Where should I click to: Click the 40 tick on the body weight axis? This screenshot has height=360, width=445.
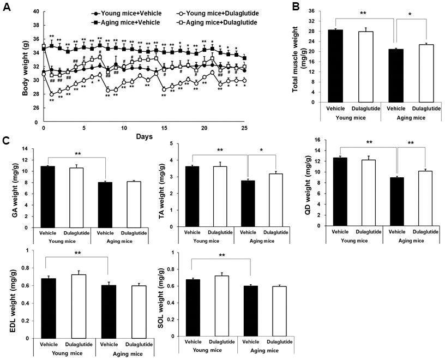34,11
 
